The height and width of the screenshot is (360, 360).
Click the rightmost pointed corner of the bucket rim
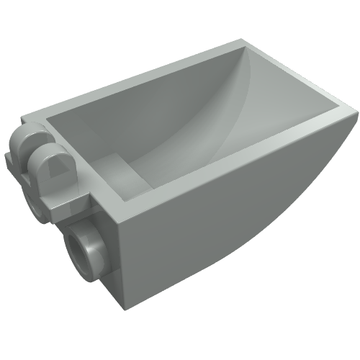coord(355,110)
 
